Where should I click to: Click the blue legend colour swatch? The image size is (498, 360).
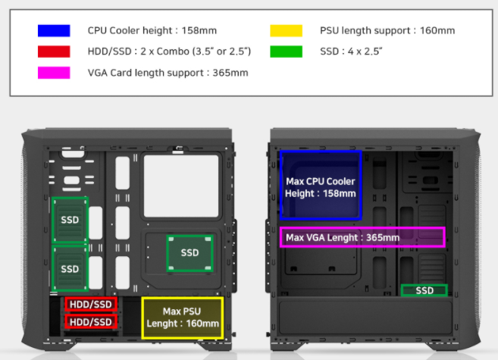(x=54, y=30)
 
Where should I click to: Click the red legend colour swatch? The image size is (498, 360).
(x=54, y=52)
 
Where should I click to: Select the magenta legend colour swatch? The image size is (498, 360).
(x=54, y=73)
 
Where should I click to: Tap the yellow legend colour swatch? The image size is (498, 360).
(x=287, y=30)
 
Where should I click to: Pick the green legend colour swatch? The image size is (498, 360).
(x=287, y=52)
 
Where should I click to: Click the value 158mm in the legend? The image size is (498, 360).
(x=199, y=30)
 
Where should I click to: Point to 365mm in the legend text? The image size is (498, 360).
(x=230, y=73)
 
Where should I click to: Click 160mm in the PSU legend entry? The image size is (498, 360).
(x=437, y=30)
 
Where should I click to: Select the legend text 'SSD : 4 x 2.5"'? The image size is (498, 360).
(x=351, y=52)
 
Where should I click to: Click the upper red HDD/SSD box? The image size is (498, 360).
(x=91, y=304)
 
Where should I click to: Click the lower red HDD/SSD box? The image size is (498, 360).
(x=91, y=321)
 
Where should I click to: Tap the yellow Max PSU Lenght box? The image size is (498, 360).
(x=183, y=318)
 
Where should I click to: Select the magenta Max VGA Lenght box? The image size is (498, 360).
(x=362, y=237)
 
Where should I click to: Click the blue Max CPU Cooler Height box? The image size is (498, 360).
(x=321, y=186)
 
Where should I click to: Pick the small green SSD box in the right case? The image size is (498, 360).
(x=424, y=290)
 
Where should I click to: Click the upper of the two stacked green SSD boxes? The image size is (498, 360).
(x=70, y=220)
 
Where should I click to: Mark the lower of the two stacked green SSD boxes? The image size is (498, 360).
(x=70, y=268)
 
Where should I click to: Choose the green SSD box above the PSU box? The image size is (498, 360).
(x=190, y=253)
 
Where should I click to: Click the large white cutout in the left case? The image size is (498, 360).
(x=181, y=186)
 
